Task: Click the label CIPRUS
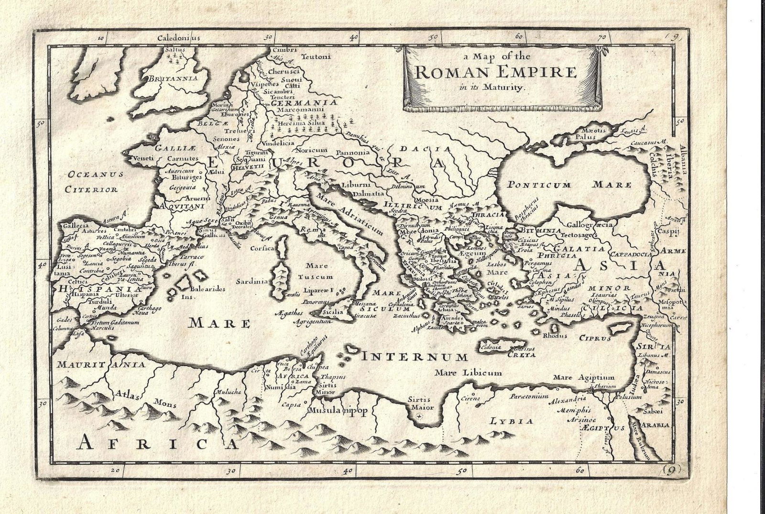595,339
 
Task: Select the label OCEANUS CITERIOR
91,181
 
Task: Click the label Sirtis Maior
420,403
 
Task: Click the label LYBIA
511,421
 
